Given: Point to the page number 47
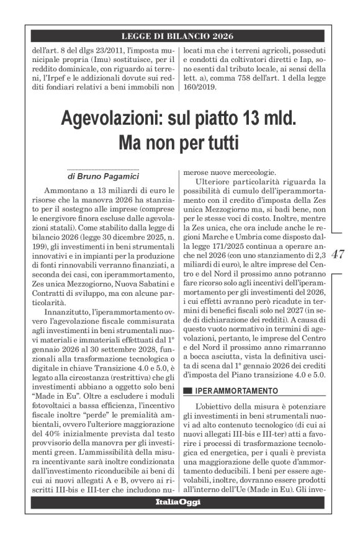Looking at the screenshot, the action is (x=339, y=254).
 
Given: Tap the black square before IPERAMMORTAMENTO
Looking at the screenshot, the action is (x=187, y=391).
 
